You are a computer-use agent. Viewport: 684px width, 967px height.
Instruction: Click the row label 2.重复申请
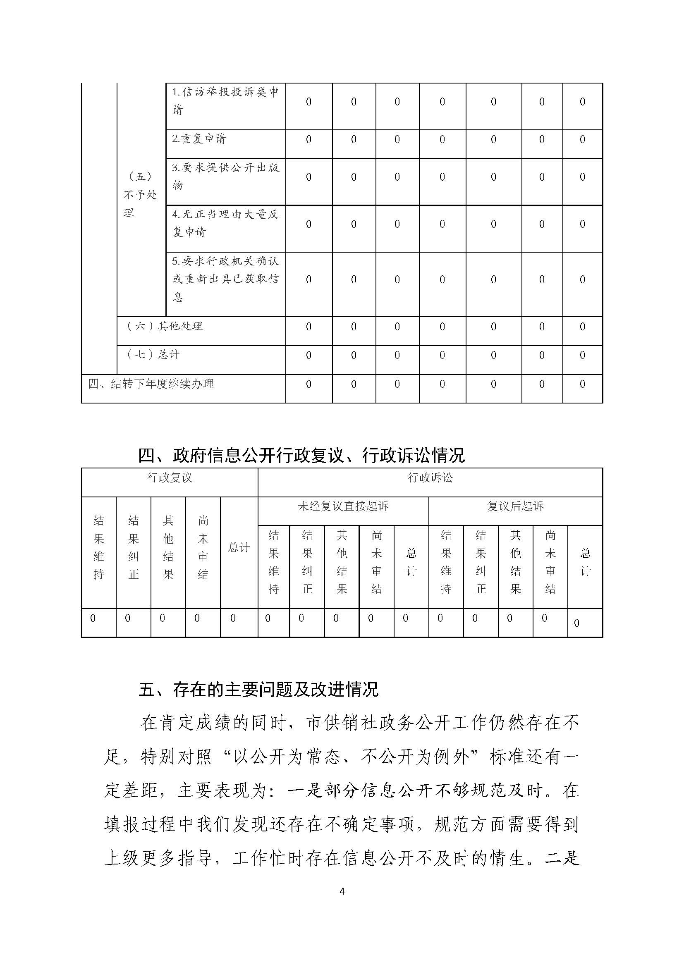[x=199, y=138]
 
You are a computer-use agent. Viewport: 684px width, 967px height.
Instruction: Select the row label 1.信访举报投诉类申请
[x=225, y=101]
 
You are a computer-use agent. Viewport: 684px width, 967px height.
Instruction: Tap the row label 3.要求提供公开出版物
[x=225, y=177]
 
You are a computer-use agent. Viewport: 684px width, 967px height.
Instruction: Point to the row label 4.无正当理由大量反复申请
[x=225, y=223]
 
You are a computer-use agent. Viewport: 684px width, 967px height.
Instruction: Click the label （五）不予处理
[x=140, y=195]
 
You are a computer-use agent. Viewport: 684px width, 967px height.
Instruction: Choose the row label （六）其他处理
[x=165, y=326]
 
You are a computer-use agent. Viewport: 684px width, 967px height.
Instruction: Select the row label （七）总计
[x=153, y=355]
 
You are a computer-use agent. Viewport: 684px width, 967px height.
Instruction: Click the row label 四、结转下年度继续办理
[x=151, y=384]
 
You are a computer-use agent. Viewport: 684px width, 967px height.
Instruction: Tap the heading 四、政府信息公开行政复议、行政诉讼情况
[x=301, y=455]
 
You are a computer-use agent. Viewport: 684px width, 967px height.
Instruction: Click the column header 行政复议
[x=170, y=478]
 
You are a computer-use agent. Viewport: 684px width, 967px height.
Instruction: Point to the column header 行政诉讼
[x=430, y=478]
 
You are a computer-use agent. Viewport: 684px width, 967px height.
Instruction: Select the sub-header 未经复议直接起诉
[x=343, y=506]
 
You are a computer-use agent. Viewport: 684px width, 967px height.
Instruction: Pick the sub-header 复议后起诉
[x=515, y=506]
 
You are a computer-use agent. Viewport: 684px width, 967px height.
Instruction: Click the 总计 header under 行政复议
[x=239, y=547]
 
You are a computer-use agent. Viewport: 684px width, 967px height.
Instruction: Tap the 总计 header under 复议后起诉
[x=585, y=562]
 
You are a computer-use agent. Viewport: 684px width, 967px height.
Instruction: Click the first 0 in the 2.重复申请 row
[x=309, y=139]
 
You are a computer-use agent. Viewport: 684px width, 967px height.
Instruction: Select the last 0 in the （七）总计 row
[x=582, y=356]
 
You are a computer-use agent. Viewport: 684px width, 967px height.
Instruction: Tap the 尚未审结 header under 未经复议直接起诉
[x=377, y=562]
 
